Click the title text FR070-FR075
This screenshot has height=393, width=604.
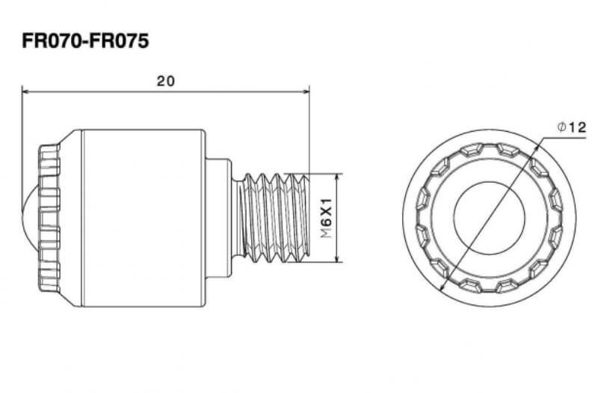click(x=85, y=41)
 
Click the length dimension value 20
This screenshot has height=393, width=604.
click(x=166, y=81)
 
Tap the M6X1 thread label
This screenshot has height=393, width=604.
click(x=327, y=219)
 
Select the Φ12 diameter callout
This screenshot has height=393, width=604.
click(x=572, y=127)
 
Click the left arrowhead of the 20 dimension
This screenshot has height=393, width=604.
click(x=26, y=91)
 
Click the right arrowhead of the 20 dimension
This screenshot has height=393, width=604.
click(x=306, y=91)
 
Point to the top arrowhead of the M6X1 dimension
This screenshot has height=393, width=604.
click(x=337, y=177)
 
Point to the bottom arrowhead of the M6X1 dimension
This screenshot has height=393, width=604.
click(x=337, y=259)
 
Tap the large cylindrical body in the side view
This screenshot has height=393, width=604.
click(x=144, y=219)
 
